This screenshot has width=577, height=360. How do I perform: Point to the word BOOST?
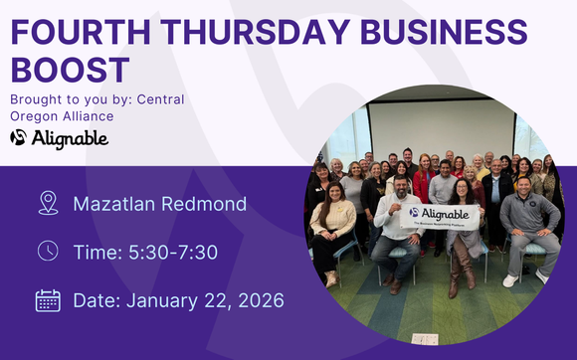pyautogui.click(x=70, y=70)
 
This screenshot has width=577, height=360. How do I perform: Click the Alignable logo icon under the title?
pyautogui.click(x=19, y=137)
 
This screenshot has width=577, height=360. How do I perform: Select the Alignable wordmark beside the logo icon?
pyautogui.click(x=70, y=137)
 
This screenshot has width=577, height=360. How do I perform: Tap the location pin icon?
pyautogui.click(x=47, y=204)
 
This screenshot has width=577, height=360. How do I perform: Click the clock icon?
pyautogui.click(x=47, y=251)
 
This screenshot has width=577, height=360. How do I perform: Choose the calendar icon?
pyautogui.click(x=47, y=299)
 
